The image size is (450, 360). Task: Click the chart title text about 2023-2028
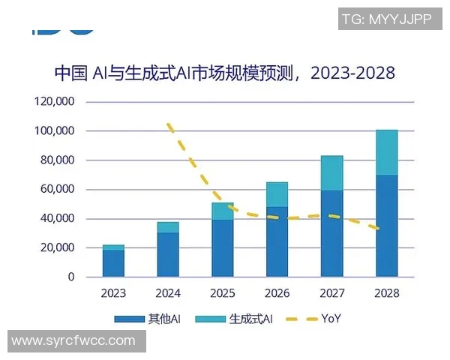coord(224,73)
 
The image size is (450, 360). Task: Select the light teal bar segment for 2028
coord(386,152)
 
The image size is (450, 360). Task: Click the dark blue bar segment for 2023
coord(114,263)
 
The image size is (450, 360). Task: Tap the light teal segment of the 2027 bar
coord(331,173)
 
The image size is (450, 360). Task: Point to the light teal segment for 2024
coord(168,227)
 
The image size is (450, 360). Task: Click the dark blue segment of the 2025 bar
coord(223,248)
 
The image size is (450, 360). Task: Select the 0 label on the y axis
coord(71,277)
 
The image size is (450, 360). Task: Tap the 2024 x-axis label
coord(168,293)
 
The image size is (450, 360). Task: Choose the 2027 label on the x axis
coord(331,293)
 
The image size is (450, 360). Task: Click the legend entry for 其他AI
coord(148,319)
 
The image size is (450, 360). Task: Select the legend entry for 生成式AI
coord(232,319)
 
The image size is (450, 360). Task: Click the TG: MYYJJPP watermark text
coord(386,19)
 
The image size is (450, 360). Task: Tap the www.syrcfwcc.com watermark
coord(73,341)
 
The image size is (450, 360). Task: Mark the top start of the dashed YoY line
coord(169,124)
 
